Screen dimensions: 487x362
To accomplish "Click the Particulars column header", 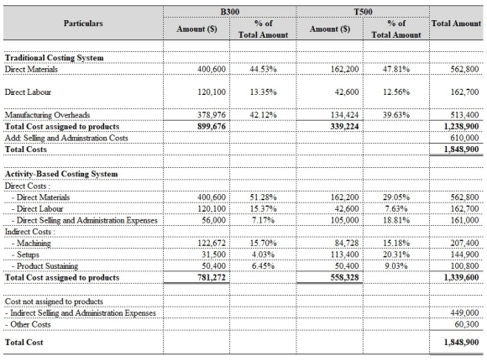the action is pyautogui.click(x=83, y=24).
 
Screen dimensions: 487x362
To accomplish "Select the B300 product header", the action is pyautogui.click(x=230, y=12).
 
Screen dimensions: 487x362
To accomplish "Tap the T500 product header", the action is pyautogui.click(x=363, y=12).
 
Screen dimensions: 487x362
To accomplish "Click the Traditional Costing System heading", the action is pyautogui.click(x=55, y=58).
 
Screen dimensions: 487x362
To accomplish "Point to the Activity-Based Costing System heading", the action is pyautogui.click(x=61, y=174).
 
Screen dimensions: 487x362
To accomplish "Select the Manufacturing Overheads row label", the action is pyautogui.click(x=47, y=115).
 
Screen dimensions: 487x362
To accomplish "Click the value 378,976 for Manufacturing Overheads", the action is pyautogui.click(x=212, y=115).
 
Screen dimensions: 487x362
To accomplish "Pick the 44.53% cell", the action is pyautogui.click(x=264, y=69).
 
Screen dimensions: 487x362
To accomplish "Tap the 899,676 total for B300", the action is pyautogui.click(x=212, y=127).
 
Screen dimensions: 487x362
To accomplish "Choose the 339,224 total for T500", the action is pyautogui.click(x=345, y=127).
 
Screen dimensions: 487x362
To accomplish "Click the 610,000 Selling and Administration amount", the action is pyautogui.click(x=464, y=138).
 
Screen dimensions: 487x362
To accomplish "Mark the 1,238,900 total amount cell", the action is pyautogui.click(x=461, y=127).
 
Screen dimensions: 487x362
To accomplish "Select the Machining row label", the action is pyautogui.click(x=31, y=244).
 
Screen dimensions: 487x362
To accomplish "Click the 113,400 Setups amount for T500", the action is pyautogui.click(x=345, y=254).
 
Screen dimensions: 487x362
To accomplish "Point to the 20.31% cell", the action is pyautogui.click(x=396, y=254).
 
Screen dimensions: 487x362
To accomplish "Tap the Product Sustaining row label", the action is pyautogui.click(x=45, y=266).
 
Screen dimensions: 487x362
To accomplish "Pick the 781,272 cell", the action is pyautogui.click(x=212, y=277).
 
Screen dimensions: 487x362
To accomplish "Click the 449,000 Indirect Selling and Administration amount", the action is pyautogui.click(x=464, y=313).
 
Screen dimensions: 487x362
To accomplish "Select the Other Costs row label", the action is pyautogui.click(x=28, y=324).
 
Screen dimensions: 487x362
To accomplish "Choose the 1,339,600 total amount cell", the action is pyautogui.click(x=461, y=277).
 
